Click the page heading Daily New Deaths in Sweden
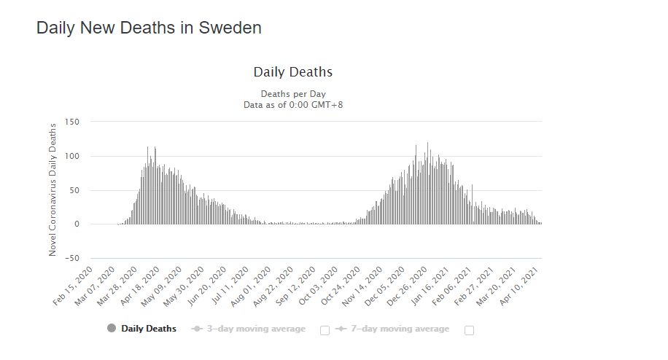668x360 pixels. point(149,28)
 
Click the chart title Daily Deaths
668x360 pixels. point(292,72)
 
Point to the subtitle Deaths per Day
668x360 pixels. point(292,94)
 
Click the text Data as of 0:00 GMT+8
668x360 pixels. point(292,105)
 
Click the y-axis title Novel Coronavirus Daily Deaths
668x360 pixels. point(53,188)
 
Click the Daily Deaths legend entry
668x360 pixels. point(149,329)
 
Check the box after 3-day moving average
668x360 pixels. point(325,330)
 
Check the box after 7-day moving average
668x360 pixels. point(469,330)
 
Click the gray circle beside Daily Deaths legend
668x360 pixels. point(112,329)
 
